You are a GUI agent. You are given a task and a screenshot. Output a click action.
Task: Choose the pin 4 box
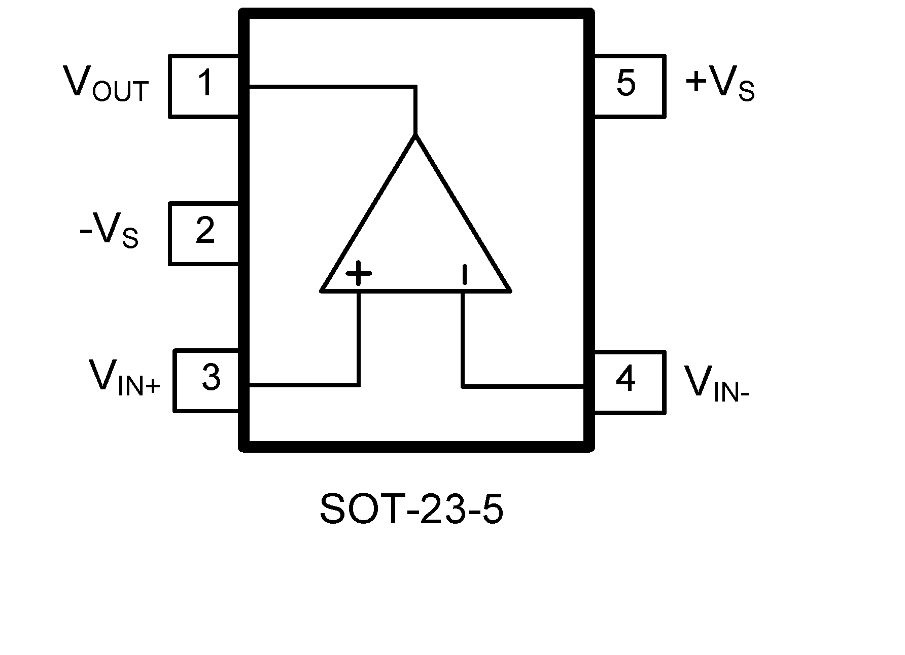tap(629, 382)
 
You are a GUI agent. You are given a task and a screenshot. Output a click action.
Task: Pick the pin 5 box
tap(629, 86)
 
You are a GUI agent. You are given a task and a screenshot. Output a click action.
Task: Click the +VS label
tap(719, 84)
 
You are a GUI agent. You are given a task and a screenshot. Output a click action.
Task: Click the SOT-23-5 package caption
tap(411, 509)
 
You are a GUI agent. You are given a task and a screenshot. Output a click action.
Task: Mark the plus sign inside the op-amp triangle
tap(358, 274)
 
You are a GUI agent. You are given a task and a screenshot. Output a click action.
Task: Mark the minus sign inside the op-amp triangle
tap(464, 274)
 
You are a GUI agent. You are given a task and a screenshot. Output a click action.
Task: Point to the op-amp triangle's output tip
tap(415, 136)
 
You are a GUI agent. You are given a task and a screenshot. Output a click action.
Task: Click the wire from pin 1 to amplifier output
tap(330, 87)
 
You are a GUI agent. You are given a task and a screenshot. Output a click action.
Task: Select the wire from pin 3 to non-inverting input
tap(304, 385)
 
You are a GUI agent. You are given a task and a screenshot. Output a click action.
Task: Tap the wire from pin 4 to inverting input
tap(523, 386)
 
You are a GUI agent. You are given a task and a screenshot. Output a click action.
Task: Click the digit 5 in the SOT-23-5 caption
tap(491, 509)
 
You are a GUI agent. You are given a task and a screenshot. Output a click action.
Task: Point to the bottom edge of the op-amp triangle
tap(415, 291)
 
